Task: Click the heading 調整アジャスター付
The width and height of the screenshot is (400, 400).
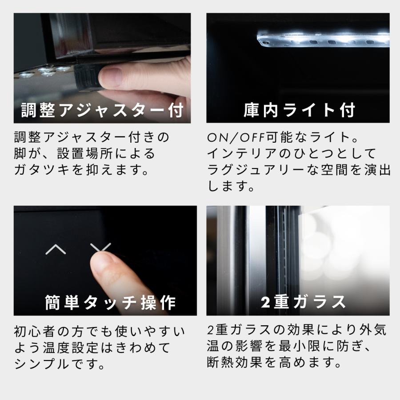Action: pos(103,111)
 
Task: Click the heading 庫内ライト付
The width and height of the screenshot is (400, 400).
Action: pos(299,111)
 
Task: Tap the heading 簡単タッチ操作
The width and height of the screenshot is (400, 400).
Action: pos(111,303)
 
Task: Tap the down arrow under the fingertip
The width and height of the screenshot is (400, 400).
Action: pos(100,248)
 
